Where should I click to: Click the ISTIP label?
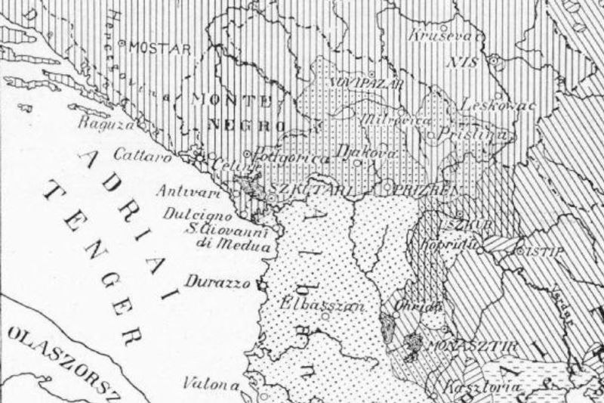[544, 251]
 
